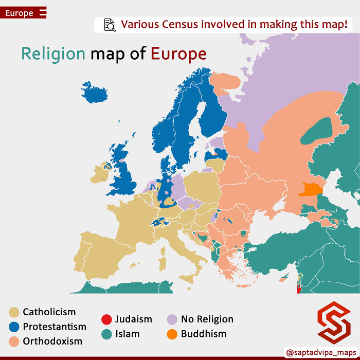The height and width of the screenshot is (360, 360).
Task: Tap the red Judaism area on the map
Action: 298,287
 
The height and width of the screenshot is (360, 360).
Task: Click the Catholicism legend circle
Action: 14,312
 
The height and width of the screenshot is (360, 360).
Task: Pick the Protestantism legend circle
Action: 14,327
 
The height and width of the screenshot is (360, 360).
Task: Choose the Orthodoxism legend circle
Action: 14,341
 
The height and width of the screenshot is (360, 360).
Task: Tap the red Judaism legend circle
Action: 106,319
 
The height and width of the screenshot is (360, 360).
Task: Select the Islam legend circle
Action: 106,334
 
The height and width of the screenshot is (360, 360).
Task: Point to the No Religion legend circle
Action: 172,319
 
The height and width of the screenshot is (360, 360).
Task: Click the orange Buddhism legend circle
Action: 172,334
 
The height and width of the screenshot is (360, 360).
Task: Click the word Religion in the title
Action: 53,53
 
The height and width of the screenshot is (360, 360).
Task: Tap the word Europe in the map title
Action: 178,53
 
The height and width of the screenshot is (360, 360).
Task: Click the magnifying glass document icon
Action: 110,25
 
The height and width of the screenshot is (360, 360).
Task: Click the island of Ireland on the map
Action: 100,173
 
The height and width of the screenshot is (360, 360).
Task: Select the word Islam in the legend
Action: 127,334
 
